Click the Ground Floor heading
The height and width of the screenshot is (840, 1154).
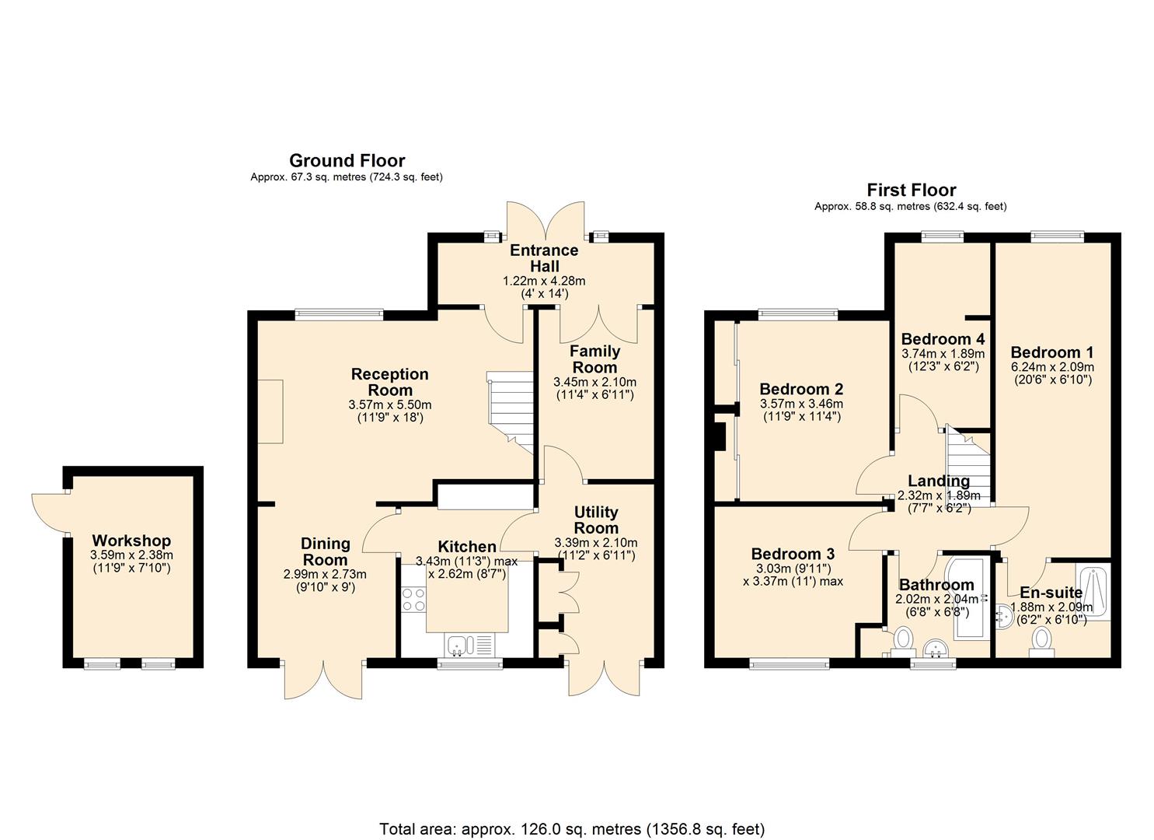347,160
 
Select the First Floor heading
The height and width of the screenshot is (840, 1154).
911,190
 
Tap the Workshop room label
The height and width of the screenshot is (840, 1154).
131,541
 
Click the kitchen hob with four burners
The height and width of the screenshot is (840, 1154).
413,599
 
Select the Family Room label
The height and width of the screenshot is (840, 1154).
594,359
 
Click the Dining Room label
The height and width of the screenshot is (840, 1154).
325,551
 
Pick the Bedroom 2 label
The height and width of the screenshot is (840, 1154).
801,389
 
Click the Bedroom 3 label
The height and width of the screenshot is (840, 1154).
793,554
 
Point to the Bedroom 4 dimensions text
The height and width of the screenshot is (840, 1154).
943,359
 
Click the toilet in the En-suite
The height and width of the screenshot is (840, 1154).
1041,639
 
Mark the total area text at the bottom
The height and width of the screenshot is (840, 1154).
571,828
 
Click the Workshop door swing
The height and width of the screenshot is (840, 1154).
48,511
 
